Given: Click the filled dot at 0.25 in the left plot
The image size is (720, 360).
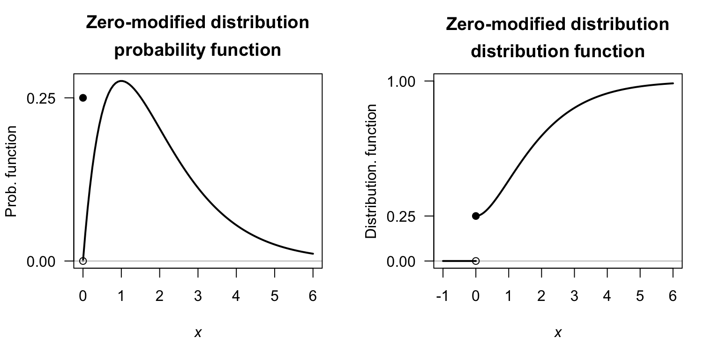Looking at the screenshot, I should pos(83,97).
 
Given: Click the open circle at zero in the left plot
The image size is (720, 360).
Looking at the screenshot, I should pos(83,261).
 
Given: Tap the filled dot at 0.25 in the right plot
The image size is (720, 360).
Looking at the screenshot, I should pos(476,216).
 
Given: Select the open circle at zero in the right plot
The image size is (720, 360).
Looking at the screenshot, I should pos(476,261).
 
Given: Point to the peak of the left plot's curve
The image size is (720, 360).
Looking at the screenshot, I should pos(121,81).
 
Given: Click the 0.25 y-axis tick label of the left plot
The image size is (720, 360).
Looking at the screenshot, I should pos(41,98).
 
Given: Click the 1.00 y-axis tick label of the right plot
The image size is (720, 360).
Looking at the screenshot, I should pos(401,82).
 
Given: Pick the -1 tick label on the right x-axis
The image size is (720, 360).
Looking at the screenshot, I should pos(442,297).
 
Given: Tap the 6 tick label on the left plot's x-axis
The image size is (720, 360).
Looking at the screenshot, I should pos(313,297).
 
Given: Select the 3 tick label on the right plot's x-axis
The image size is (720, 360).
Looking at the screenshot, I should pos(574,297).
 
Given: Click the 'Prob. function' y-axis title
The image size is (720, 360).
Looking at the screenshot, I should pos(11,172).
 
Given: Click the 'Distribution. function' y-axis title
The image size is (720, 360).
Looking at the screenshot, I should pos(371,172).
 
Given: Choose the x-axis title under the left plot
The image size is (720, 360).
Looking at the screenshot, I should pos(198,333).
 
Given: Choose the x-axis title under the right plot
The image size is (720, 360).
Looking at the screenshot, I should pos(558,333).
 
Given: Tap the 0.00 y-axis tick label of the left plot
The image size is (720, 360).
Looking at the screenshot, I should pos(41,261).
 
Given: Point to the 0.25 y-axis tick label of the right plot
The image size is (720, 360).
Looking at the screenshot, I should pos(401,216).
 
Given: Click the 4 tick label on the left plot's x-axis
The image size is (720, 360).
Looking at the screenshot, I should pos(236,297).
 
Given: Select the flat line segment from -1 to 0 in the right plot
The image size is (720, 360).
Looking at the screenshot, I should pos(458,261).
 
